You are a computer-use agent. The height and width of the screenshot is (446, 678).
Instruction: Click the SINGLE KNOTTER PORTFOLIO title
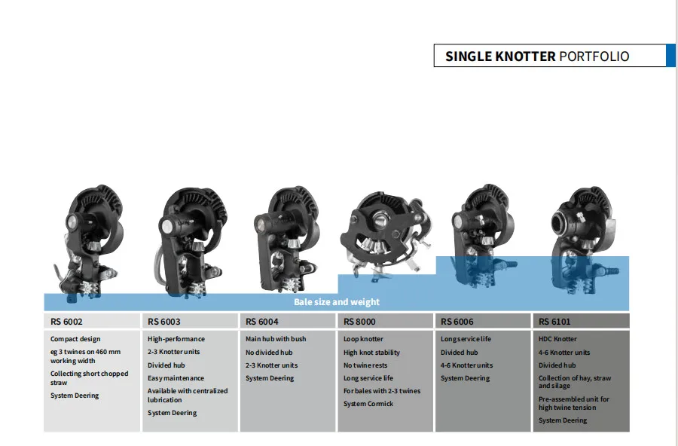(x=536, y=57)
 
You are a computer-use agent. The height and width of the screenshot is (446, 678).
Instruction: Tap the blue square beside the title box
(x=670, y=56)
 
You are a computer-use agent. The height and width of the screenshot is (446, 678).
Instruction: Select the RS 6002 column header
(x=67, y=322)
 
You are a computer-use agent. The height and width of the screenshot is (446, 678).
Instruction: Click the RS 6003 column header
(x=164, y=322)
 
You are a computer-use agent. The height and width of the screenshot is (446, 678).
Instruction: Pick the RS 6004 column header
(x=262, y=322)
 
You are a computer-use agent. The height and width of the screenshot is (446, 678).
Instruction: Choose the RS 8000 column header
(x=359, y=322)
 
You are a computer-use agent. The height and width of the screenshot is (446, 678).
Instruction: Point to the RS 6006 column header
(x=457, y=322)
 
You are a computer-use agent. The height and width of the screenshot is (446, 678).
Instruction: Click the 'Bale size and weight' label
(x=336, y=302)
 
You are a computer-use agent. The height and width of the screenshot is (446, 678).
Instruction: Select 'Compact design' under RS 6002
(x=75, y=339)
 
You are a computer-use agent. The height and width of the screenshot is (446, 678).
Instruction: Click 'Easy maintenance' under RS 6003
(x=176, y=378)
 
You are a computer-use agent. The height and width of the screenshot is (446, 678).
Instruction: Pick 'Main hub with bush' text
(x=276, y=339)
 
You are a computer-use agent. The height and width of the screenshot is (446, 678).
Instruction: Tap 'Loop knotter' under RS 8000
(x=363, y=339)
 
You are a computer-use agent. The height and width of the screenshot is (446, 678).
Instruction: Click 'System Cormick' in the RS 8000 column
(x=368, y=404)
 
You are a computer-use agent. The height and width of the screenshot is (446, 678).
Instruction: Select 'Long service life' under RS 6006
(x=466, y=339)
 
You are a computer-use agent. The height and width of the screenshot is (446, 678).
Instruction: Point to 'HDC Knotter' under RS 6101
(x=557, y=339)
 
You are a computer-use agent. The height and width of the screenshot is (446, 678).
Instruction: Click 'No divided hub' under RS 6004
(x=269, y=353)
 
